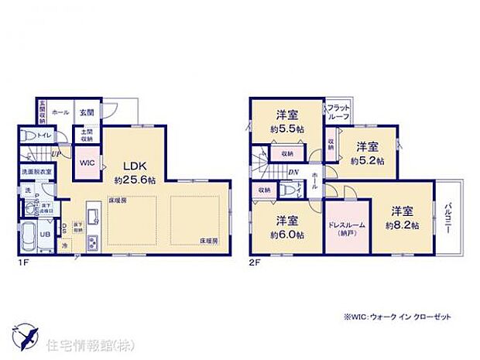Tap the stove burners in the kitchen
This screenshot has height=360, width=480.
92,242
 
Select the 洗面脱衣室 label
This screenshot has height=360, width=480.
36,172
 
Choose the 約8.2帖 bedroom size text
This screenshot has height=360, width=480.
403,225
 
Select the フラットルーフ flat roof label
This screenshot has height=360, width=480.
338,111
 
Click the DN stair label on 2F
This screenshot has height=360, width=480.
295,173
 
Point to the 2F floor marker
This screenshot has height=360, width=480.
255,262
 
